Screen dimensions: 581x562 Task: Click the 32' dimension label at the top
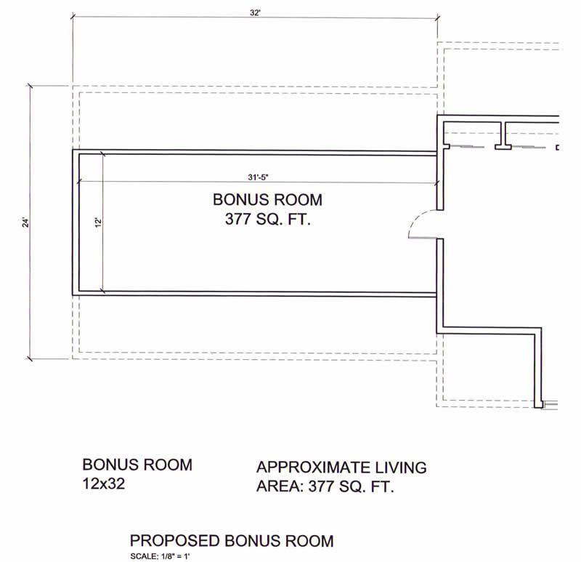(255, 13)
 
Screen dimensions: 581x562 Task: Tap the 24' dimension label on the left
(25, 222)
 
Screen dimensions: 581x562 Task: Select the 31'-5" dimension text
(258, 177)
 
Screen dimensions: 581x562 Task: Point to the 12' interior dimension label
(98, 222)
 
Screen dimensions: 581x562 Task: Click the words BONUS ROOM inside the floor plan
(267, 200)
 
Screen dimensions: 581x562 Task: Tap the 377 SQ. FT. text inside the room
(267, 220)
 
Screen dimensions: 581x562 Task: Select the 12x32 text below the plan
(103, 483)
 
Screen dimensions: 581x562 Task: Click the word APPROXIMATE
(314, 467)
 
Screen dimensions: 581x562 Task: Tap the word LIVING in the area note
(401, 467)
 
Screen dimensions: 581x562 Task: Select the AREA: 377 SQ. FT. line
(325, 486)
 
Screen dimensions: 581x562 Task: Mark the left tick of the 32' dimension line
(73, 16)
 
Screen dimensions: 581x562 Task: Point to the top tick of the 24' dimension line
(30, 86)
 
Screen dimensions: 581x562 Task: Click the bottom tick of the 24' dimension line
(30, 358)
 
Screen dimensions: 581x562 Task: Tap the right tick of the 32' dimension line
(438, 17)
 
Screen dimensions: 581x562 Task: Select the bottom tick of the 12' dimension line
(102, 292)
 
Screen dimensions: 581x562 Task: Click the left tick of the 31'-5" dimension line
(79, 182)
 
